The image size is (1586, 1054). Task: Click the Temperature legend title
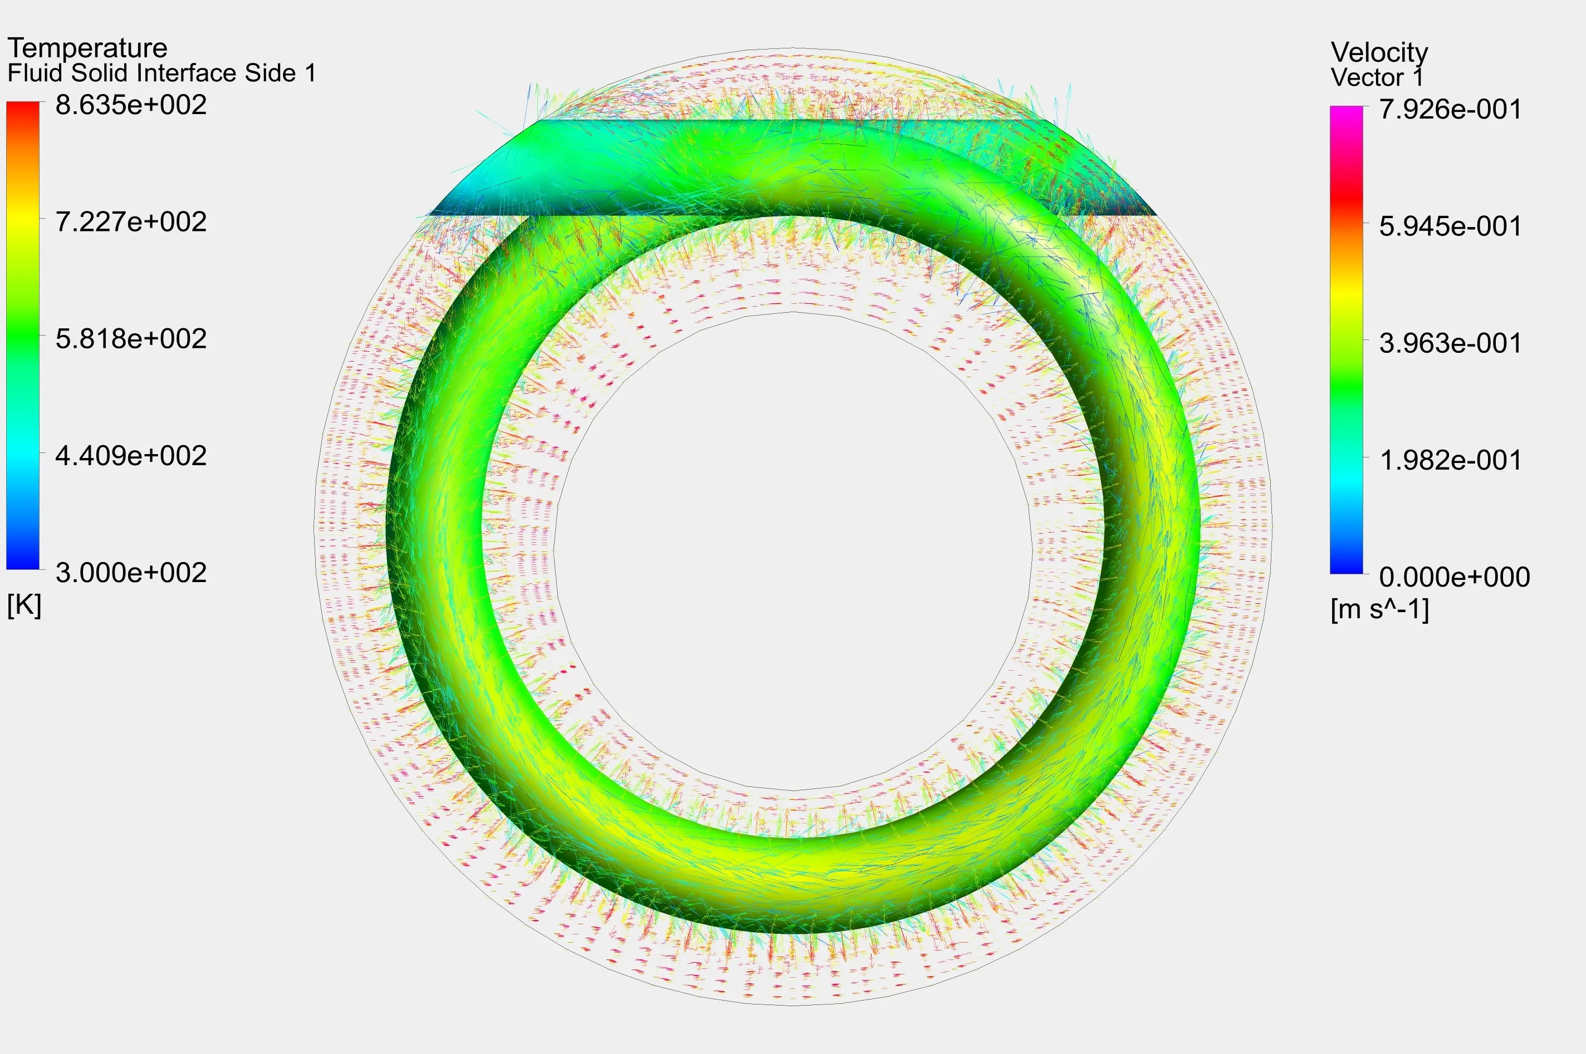tap(87, 48)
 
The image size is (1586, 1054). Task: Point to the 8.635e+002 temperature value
tap(131, 106)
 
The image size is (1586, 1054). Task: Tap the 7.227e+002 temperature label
tap(131, 222)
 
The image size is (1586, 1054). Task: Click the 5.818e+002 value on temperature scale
tap(131, 339)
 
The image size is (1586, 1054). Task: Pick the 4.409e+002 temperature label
tap(131, 456)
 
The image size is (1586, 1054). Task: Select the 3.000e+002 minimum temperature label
tap(131, 573)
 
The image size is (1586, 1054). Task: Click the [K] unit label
tap(24, 605)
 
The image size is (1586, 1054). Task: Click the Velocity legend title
tap(1379, 52)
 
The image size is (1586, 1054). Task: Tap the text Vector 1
tap(1377, 77)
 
